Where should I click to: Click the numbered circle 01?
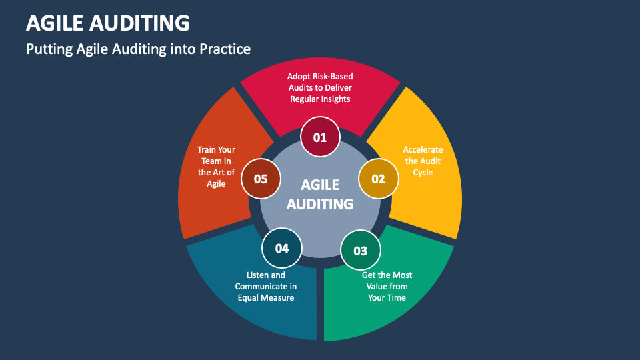(320, 138)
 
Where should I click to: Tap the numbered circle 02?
(378, 179)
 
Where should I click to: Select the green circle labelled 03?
(360, 251)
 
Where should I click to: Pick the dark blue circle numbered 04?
(281, 248)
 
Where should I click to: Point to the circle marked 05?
(260, 179)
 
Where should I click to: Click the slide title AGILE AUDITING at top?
(107, 23)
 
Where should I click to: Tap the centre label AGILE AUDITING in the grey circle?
(320, 194)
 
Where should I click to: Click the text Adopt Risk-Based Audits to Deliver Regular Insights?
(320, 87)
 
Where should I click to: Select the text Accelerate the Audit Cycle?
(423, 161)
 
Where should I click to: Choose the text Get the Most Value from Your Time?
(387, 286)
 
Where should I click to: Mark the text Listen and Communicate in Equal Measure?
(266, 286)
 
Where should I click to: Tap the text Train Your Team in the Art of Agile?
(216, 167)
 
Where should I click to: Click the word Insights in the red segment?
(334, 99)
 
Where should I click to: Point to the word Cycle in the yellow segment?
(423, 172)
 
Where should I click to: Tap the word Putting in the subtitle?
(47, 49)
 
